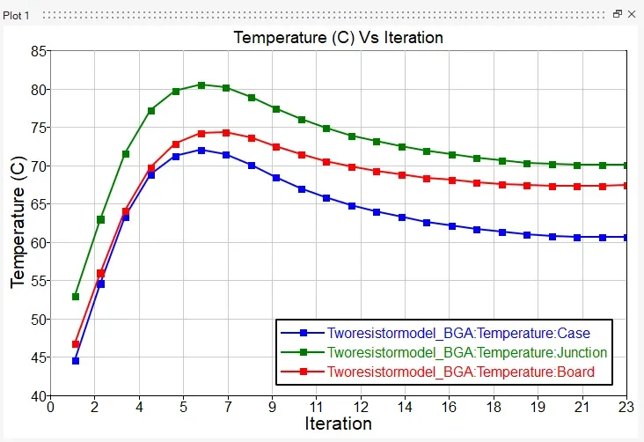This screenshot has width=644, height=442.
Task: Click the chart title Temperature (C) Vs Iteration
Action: coord(338,38)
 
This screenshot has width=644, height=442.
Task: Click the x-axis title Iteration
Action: coord(338,424)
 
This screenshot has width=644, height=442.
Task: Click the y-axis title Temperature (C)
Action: coord(18,223)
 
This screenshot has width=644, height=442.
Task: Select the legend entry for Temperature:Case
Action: coord(458,334)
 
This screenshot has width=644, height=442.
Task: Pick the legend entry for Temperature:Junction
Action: coord(467,353)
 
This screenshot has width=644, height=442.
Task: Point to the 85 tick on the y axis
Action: coord(38,51)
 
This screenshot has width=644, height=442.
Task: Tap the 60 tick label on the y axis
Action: coord(38,242)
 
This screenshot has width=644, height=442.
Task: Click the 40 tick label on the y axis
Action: coord(38,395)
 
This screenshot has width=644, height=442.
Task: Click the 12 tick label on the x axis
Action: coord(360,407)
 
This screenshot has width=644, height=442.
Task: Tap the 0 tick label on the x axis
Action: coord(50,407)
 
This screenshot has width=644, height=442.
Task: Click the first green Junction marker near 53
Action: coord(76,297)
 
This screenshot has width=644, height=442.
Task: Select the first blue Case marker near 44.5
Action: coord(76,361)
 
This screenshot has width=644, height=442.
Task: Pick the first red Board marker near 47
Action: coord(76,344)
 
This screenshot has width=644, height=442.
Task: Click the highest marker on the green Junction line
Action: coord(201,85)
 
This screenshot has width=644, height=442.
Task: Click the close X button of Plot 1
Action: coord(632,15)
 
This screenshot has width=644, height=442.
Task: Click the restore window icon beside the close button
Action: coord(618,15)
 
